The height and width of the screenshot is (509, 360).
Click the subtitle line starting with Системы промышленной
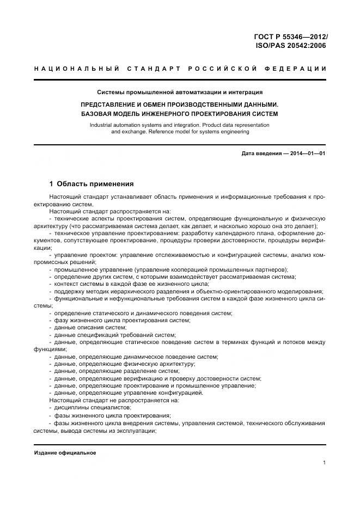pos(180,93)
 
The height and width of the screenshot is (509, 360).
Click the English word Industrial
pos(103,125)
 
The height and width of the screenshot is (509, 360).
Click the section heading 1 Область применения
pos(91,184)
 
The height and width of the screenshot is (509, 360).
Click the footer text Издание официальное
pos(65,453)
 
